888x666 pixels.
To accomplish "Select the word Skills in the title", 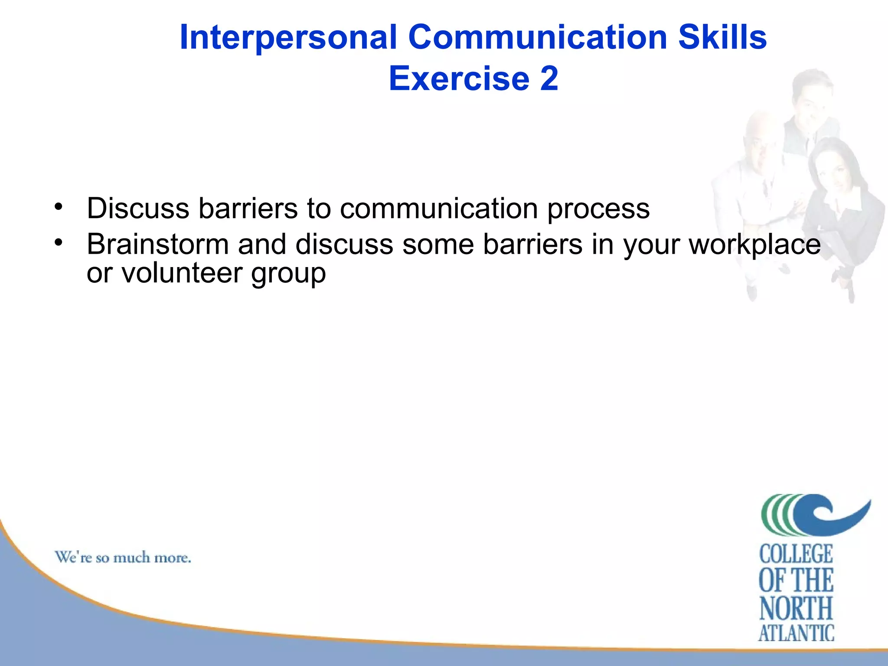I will pos(722,37).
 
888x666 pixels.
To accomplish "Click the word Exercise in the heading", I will pos(459,79).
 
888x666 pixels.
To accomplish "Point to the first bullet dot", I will pos(59,206).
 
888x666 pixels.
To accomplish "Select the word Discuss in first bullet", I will pos(138,208).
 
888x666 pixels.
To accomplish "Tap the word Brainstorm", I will pos(157,244).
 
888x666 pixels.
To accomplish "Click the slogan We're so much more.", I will pos(123,557).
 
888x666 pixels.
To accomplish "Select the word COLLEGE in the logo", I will pos(796,554).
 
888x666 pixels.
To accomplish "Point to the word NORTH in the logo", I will pos(796,608).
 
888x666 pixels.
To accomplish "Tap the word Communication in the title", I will pos(538,37).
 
